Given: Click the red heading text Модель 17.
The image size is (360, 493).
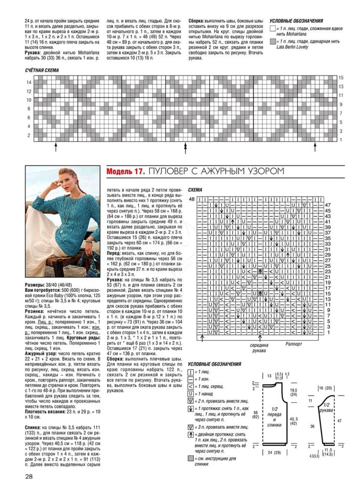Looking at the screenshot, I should coord(125,172).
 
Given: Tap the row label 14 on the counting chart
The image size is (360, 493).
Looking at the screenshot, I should coord(29,82).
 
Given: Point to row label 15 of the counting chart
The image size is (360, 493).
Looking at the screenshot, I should coord(341,78).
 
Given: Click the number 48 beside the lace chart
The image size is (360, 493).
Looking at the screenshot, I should coord(192,199).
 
